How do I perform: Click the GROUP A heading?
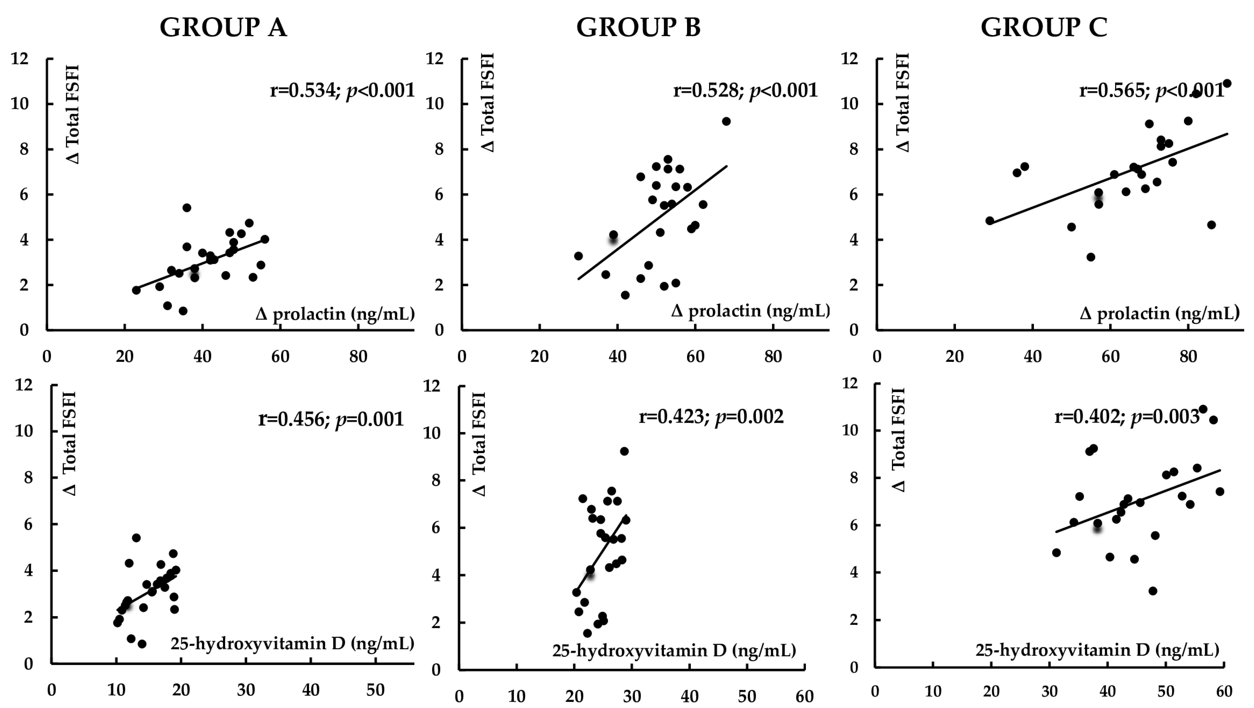223,27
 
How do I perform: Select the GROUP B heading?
638,27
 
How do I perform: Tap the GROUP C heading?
1044,27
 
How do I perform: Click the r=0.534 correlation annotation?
342,91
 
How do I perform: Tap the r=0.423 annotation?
711,417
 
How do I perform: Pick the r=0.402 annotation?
1127,417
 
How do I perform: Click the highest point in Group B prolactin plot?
726,121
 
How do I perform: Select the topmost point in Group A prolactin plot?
187,208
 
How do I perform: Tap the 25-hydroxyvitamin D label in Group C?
1097,650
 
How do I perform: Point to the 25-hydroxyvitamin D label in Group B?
674,650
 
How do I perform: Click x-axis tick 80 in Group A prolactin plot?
358,357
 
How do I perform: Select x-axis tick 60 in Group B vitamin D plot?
804,696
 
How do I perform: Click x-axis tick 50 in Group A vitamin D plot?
375,690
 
